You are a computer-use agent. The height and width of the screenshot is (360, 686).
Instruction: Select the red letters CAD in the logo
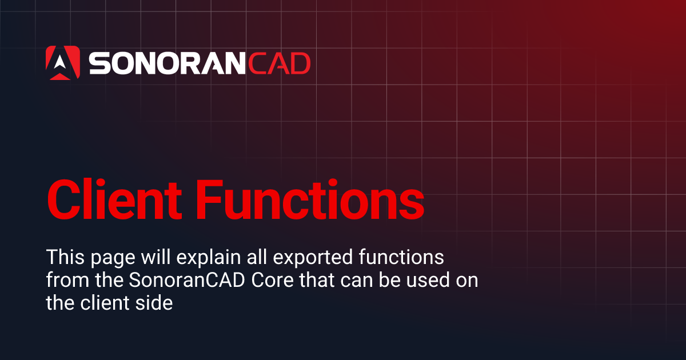coord(278,63)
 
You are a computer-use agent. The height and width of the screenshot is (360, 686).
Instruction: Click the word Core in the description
coord(272,281)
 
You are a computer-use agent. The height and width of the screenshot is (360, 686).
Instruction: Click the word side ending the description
coord(155,303)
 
